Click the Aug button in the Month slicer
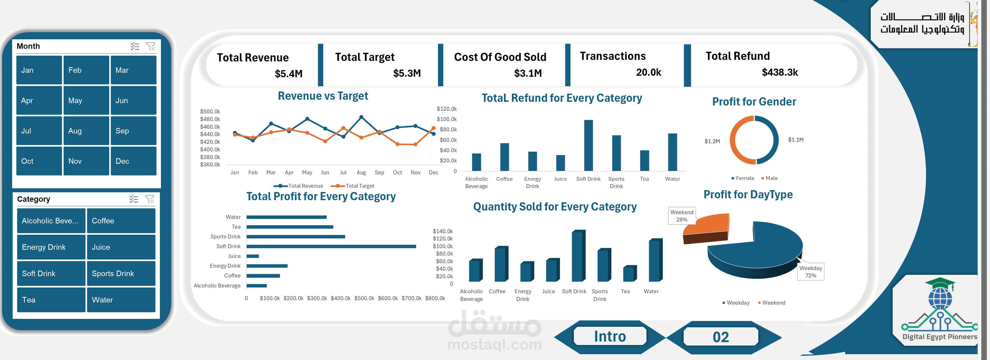click(86, 131)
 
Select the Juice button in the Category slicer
click(121, 247)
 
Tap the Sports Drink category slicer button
click(121, 273)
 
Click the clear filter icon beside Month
click(151, 46)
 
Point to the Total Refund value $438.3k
click(780, 72)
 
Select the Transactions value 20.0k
click(649, 72)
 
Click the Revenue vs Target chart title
click(323, 96)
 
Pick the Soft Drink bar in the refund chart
click(588, 145)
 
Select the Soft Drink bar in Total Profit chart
click(331, 246)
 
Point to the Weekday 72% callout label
click(811, 272)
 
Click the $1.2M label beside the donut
click(712, 141)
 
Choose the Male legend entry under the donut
click(769, 178)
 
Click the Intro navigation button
click(610, 337)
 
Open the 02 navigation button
click(721, 337)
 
